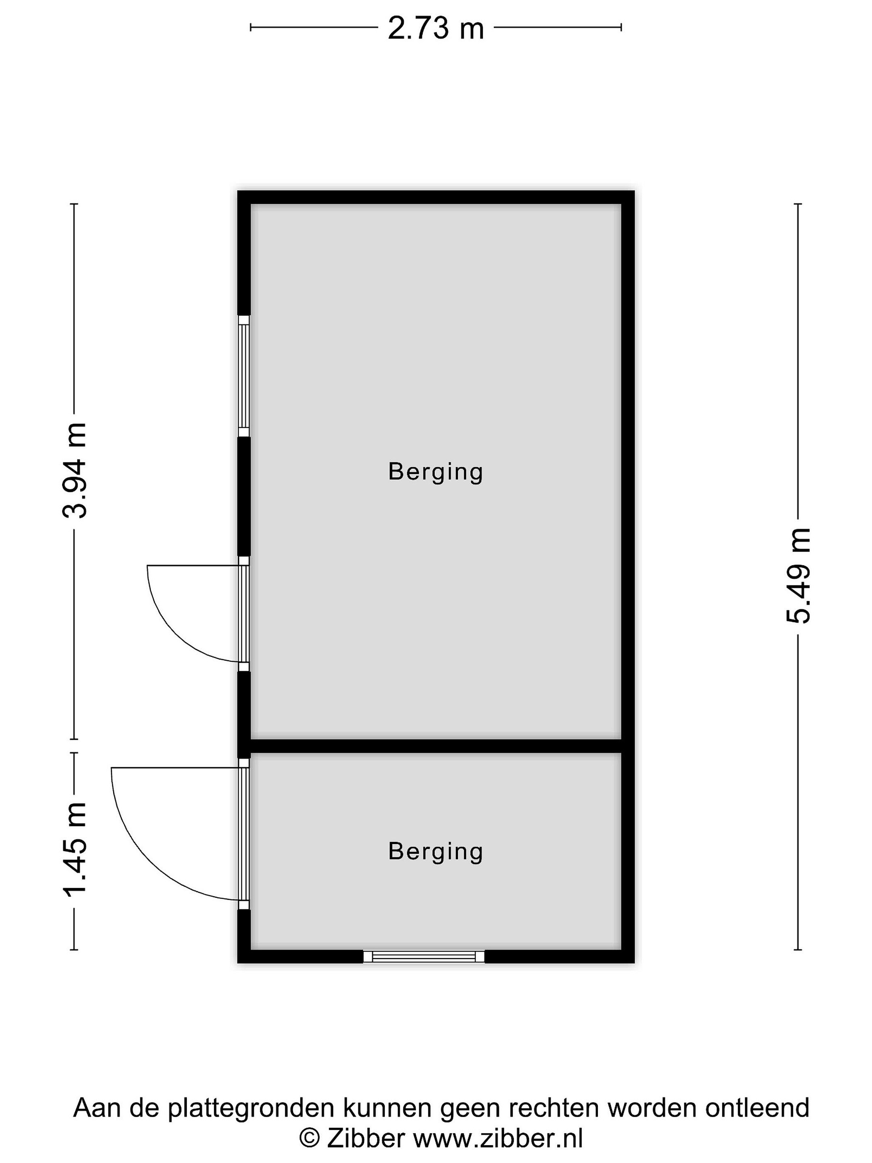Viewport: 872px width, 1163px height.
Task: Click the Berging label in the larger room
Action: [x=435, y=472]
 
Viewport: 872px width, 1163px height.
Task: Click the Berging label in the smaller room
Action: [x=435, y=851]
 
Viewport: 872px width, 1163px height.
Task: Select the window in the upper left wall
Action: [x=244, y=376]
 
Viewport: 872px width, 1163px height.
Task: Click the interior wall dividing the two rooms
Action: [x=436, y=746]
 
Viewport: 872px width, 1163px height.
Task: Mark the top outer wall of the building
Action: [x=436, y=197]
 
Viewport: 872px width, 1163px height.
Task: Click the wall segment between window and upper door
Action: [x=244, y=497]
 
